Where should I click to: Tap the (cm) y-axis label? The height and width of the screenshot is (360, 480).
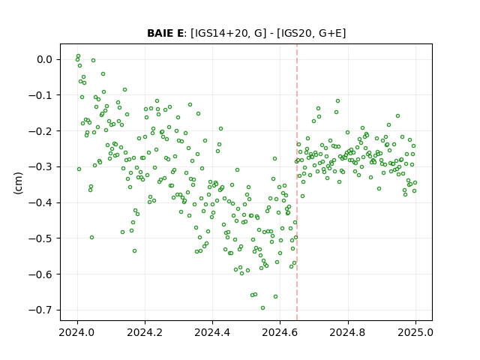18,183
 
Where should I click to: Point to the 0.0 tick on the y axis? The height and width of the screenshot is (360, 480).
45,59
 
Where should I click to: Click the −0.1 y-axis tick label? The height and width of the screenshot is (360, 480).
40,95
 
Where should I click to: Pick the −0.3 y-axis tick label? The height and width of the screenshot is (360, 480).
40,166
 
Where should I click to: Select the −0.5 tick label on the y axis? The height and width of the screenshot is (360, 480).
40,238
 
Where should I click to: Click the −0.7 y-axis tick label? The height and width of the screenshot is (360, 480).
40,310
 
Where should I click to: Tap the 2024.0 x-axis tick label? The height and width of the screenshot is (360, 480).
77,332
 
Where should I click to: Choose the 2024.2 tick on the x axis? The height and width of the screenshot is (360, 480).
145,332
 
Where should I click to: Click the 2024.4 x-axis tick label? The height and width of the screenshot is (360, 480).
212,332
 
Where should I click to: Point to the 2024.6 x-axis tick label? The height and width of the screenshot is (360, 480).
280,332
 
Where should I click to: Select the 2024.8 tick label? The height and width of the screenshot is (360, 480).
348,332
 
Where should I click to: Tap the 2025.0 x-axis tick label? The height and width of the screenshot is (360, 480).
415,332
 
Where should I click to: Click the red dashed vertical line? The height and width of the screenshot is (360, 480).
297,182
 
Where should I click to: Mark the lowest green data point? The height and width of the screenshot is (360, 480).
262,308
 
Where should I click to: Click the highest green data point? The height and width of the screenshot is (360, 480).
78,56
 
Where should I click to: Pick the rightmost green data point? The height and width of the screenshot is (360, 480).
415,183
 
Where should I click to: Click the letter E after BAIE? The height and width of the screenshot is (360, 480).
180,33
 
